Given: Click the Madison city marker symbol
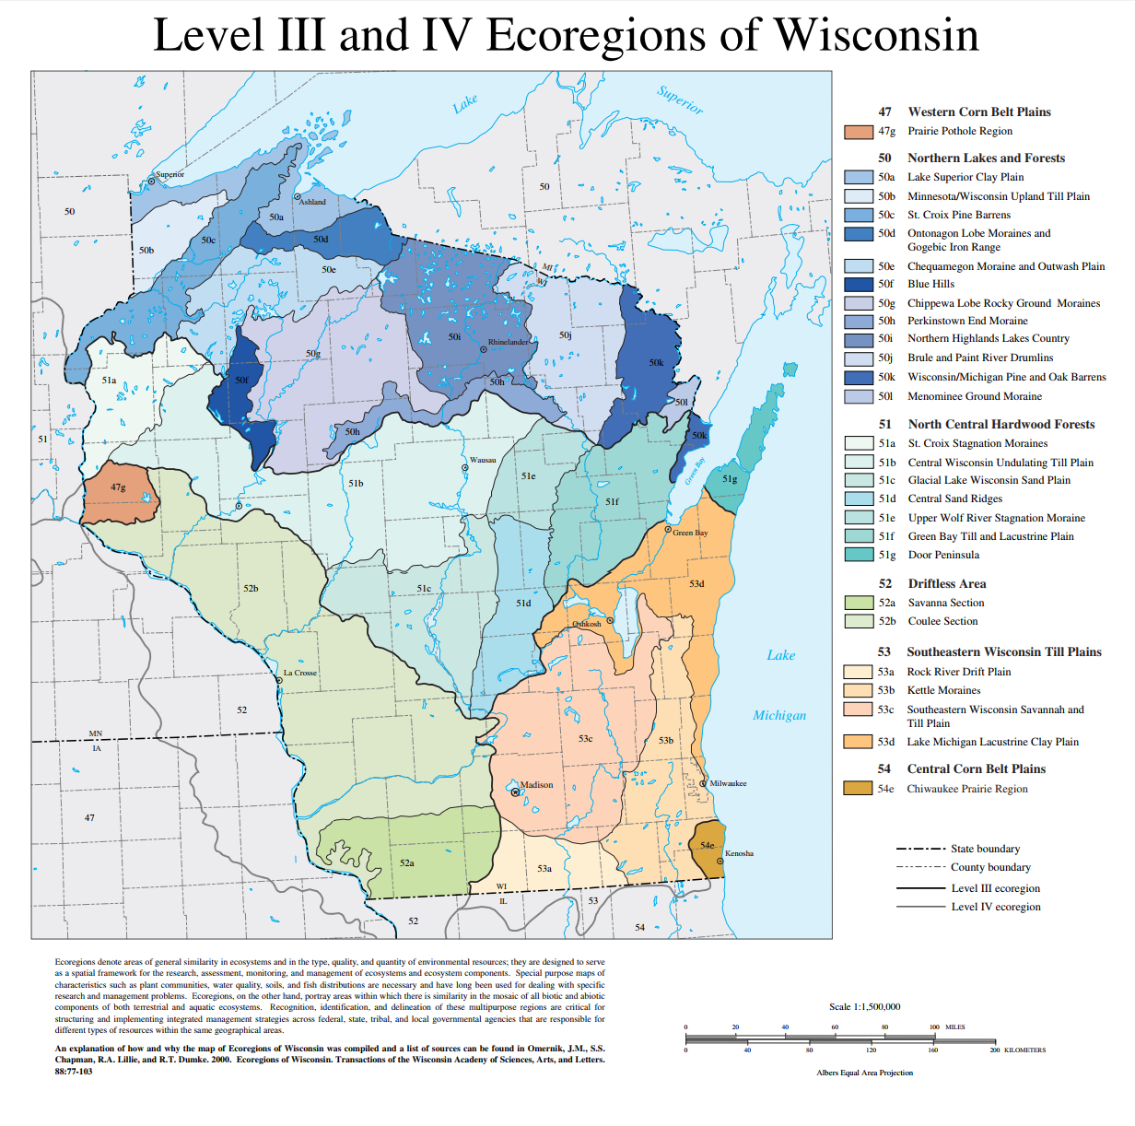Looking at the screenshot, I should [515, 792].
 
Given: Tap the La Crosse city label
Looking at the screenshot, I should [299, 673].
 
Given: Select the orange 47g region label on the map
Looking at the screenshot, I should [118, 487].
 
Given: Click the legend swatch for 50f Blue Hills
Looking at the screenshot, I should [859, 284].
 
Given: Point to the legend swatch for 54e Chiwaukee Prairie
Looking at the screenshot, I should [858, 789].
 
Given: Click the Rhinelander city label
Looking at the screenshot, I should [509, 342].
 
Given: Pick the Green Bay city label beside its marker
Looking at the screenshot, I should [690, 533].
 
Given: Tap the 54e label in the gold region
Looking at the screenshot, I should [707, 845].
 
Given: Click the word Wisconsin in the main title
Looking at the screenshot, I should [876, 35].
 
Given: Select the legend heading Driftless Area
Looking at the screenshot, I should [946, 583].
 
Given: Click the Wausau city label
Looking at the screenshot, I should [483, 460].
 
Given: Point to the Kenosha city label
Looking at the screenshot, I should [739, 853].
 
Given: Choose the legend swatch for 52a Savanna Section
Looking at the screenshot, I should [859, 603].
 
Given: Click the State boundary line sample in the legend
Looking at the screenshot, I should [920, 849].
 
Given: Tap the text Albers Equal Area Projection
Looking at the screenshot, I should [864, 1073].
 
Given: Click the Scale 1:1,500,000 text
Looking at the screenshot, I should [864, 1006].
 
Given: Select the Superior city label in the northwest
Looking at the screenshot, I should [170, 174].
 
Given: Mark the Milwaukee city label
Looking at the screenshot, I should [728, 783].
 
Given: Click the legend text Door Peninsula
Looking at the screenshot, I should [943, 555].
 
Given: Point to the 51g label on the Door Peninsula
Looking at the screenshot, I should [730, 479].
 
